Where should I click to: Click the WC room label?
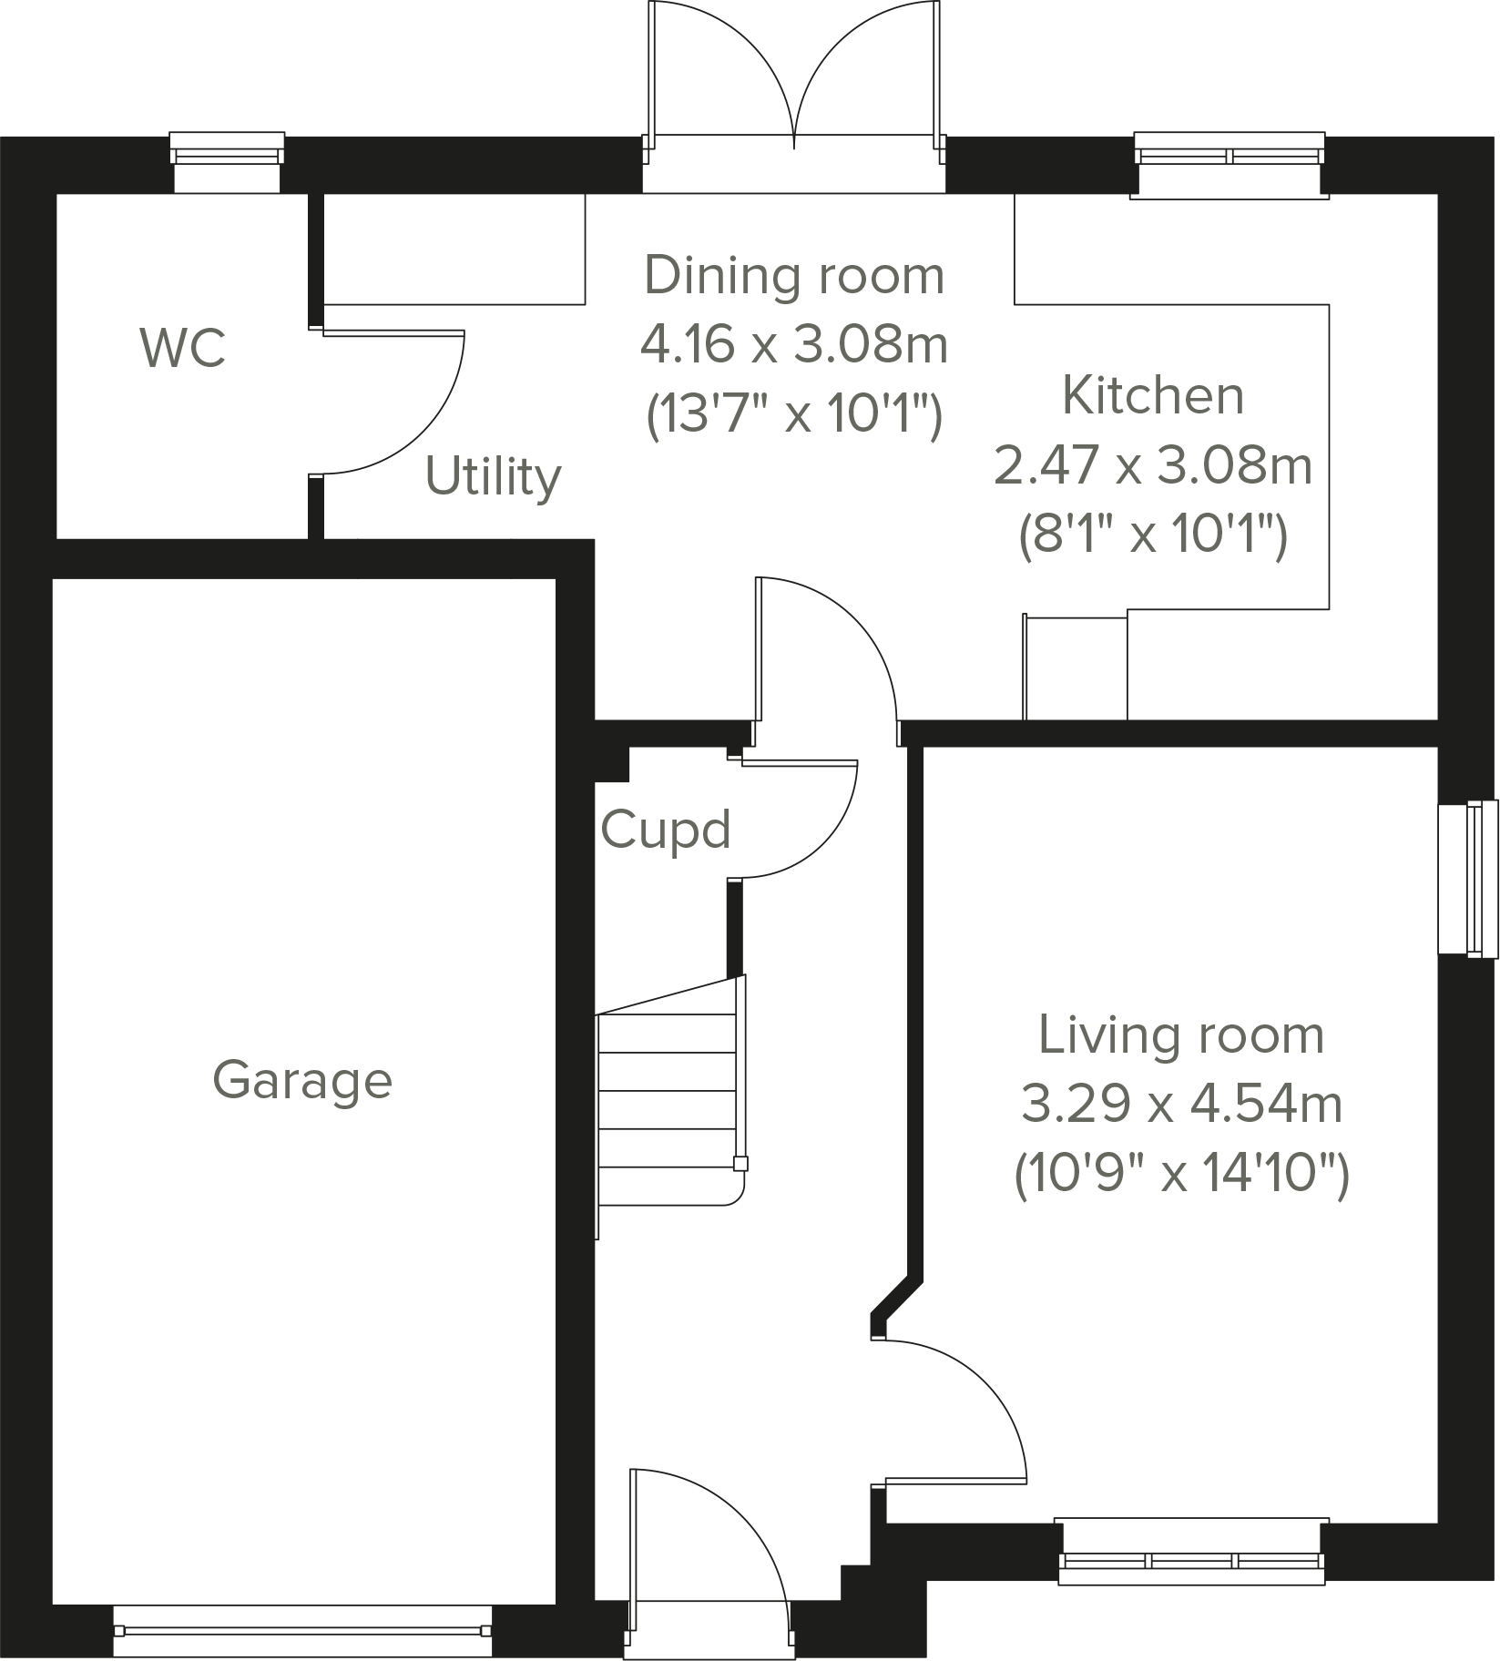[x=183, y=348]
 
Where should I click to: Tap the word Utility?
[x=493, y=477]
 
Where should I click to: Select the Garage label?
[x=302, y=1081]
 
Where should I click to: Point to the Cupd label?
[x=666, y=830]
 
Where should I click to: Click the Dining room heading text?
[x=794, y=276]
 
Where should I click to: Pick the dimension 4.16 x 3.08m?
[x=794, y=345]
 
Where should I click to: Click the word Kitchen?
[x=1153, y=395]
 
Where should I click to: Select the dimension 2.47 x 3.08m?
[x=1153, y=465]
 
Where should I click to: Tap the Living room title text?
[x=1181, y=1035]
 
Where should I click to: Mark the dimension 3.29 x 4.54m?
[x=1181, y=1104]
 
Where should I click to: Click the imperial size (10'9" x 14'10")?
[x=1181, y=1173]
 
